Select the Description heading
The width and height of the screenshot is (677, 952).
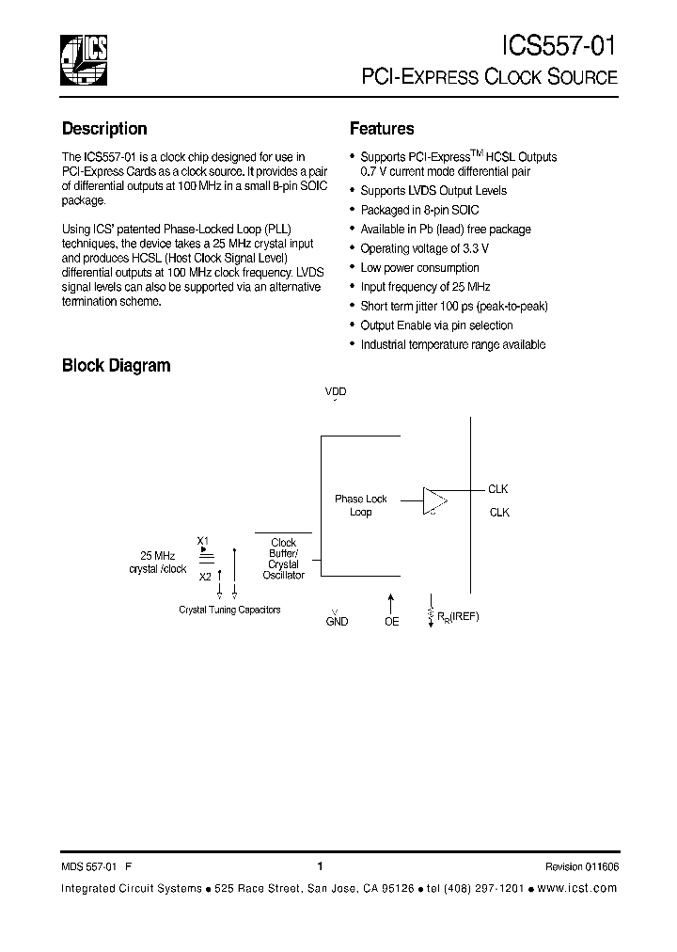(x=104, y=129)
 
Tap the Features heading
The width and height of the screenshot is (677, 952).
(x=382, y=129)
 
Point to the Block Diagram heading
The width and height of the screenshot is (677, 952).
(x=116, y=365)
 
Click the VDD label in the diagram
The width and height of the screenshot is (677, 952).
(x=336, y=391)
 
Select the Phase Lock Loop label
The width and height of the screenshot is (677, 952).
(x=361, y=506)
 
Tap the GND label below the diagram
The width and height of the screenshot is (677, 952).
(x=337, y=622)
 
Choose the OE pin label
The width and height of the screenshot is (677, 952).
(x=391, y=622)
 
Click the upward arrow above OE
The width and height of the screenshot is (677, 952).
(x=391, y=600)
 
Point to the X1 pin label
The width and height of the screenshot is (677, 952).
(x=202, y=540)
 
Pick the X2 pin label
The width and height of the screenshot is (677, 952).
(x=205, y=577)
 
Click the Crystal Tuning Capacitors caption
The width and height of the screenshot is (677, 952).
(x=229, y=610)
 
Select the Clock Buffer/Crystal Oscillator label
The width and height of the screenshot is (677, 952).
(x=283, y=559)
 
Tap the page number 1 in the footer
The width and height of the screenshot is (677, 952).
(x=320, y=866)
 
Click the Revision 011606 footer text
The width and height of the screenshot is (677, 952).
(x=581, y=867)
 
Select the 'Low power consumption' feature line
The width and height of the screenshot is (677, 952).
(x=419, y=268)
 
